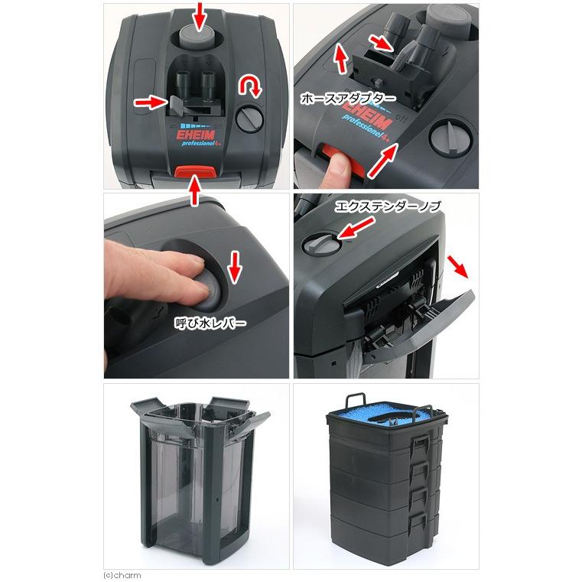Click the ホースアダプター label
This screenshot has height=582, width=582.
(348, 99)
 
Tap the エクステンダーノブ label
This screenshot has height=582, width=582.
(388, 206)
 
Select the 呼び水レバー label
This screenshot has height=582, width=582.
(210, 323)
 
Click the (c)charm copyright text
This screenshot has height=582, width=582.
(122, 575)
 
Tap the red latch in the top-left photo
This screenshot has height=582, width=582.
(195, 172)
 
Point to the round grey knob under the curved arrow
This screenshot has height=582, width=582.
(249, 119)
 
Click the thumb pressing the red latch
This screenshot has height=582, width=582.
(337, 168)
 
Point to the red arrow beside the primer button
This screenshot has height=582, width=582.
(235, 266)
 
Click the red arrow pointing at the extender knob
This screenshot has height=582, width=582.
(356, 228)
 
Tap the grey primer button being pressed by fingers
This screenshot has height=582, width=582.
(209, 292)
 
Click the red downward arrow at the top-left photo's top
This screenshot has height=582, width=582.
(200, 17)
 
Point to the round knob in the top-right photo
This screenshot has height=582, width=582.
(451, 138)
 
